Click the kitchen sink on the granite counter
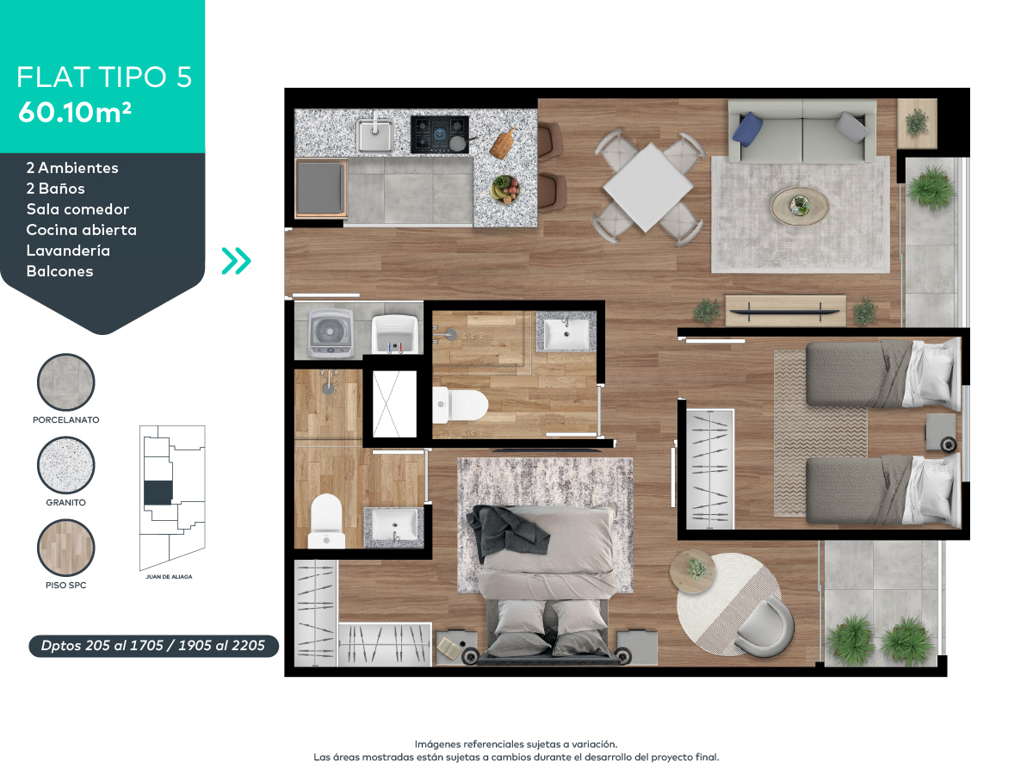tap(374, 134)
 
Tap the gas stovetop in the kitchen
tap(440, 134)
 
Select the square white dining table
tap(648, 187)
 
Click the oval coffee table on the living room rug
tap(800, 206)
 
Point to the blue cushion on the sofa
tap(747, 127)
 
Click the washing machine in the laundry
tap(331, 332)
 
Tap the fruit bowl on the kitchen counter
tap(505, 189)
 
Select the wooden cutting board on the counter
tap(503, 143)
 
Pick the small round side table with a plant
tap(693, 572)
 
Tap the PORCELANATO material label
tap(66, 419)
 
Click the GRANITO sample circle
tap(66, 465)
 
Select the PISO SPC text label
tap(66, 586)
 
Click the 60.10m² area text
tap(75, 113)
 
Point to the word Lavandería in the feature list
tap(68, 251)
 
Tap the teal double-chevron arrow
tap(236, 261)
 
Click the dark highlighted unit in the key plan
tap(158, 493)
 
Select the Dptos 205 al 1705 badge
tap(153, 646)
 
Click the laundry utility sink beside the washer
tap(395, 334)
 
